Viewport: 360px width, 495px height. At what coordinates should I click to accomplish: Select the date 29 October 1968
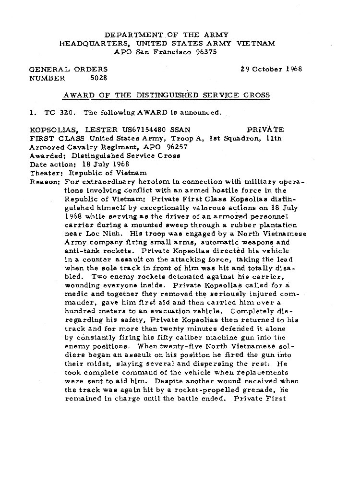271,69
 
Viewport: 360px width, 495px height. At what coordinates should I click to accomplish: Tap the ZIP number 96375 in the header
206,52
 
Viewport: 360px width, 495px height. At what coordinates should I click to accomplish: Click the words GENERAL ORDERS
69,69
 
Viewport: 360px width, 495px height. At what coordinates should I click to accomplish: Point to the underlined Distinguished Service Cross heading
167,95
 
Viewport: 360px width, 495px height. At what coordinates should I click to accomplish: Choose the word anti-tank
82,250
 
